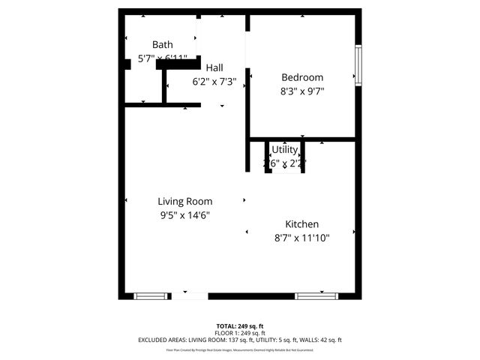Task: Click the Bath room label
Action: (x=163, y=44)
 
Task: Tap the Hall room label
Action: (x=214, y=67)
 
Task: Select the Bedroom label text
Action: (x=302, y=77)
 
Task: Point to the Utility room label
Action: (x=285, y=149)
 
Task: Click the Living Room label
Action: (x=184, y=201)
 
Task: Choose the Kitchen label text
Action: (x=302, y=224)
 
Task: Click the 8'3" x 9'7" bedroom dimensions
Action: (x=302, y=91)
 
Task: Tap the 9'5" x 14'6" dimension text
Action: (x=184, y=215)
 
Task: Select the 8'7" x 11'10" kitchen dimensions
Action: (x=302, y=238)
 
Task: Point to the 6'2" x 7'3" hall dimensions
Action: (x=220, y=81)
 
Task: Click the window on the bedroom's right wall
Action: (x=358, y=65)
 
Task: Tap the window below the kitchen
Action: (x=313, y=296)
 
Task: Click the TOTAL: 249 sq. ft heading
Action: (x=240, y=326)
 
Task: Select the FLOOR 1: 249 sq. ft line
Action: (x=240, y=333)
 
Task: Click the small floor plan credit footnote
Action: (x=240, y=350)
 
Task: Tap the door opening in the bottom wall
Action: (x=190, y=296)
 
